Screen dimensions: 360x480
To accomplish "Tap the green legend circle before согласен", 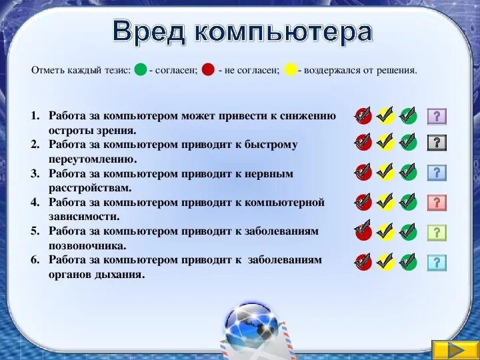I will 140,70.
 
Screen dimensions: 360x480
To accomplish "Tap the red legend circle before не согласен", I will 208,70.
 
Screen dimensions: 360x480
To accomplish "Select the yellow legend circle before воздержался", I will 290,70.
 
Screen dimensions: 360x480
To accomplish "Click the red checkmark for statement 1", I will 363,116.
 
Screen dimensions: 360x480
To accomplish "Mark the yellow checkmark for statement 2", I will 385,142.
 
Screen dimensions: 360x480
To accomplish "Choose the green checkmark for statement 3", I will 408,172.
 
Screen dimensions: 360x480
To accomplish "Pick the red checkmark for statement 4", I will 363,202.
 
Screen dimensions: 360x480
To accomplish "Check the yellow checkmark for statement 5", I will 385,231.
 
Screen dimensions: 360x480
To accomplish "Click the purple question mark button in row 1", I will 437,117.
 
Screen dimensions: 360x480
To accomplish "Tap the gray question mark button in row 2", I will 437,142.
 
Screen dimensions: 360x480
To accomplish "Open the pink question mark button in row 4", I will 437,202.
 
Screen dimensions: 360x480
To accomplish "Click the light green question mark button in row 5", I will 437,232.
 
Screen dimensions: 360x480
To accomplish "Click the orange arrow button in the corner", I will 455,349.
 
